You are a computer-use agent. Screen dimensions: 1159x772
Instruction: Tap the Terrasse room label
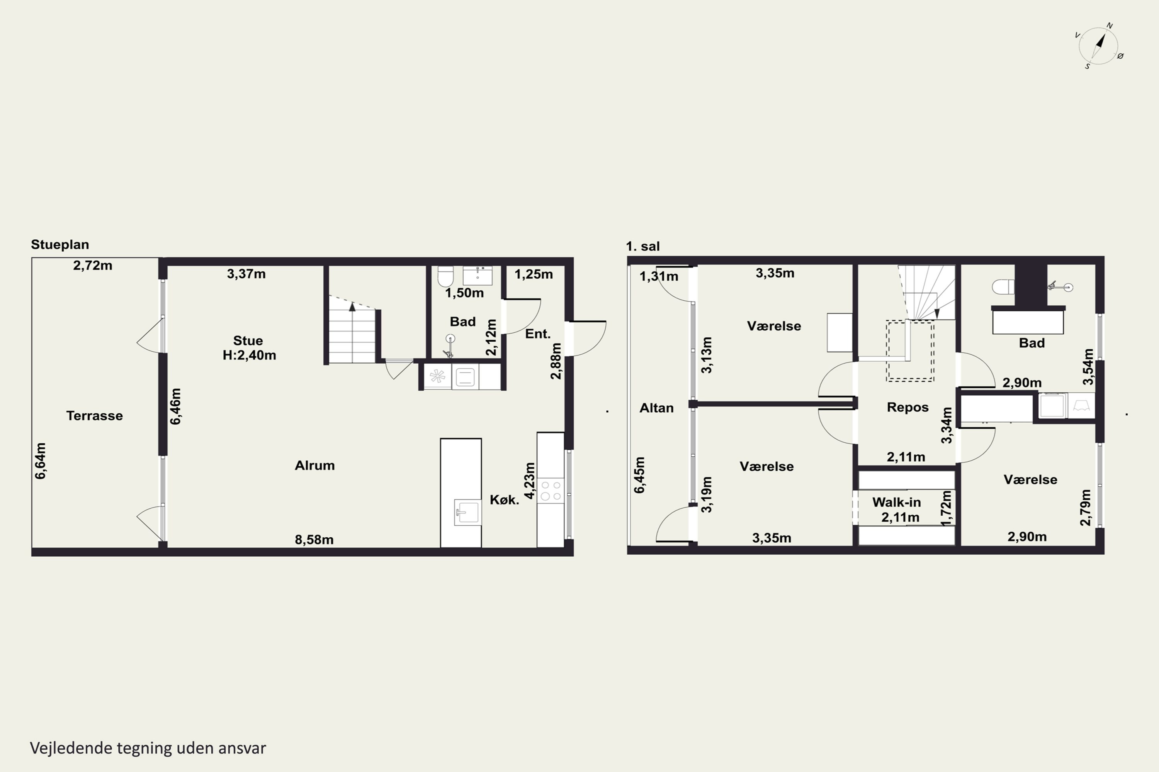[x=95, y=416]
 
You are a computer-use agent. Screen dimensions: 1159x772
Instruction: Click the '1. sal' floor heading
[x=642, y=246]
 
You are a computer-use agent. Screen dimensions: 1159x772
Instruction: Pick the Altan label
[x=656, y=408]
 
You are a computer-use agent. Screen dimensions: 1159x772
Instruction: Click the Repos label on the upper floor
[x=907, y=407]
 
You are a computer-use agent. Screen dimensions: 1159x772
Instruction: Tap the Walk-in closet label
[x=896, y=502]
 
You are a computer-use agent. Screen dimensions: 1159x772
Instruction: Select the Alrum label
[x=314, y=465]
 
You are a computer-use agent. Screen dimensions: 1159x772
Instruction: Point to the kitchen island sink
[x=467, y=513]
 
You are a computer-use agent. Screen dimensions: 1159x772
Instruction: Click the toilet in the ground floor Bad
[x=445, y=276]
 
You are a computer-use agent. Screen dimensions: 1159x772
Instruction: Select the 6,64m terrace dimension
[x=41, y=461]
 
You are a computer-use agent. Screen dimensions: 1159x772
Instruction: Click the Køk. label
[x=505, y=500]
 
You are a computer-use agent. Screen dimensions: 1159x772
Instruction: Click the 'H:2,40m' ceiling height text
[x=249, y=355]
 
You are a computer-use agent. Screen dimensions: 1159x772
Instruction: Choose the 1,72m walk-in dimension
[x=946, y=508]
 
